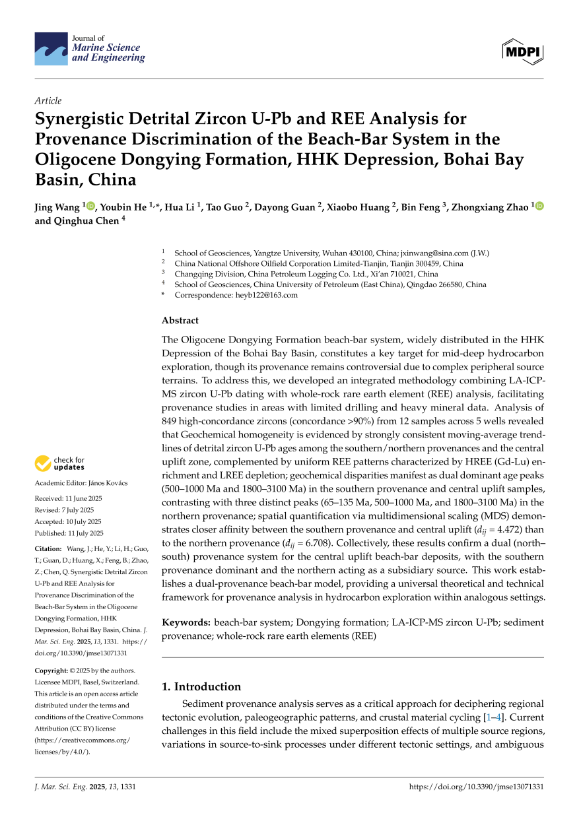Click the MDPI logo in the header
tap(522, 49)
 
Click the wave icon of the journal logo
tap(51, 49)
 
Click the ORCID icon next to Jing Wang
tap(90, 207)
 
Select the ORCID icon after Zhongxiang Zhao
tap(539, 207)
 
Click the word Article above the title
tap(48, 101)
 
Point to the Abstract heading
tap(180, 321)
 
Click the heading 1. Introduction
tap(201, 686)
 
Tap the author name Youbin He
tap(123, 207)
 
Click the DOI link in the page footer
tap(477, 787)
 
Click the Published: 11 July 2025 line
tap(69, 533)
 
